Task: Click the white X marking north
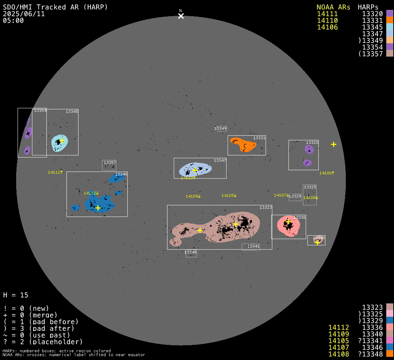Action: [x=181, y=16]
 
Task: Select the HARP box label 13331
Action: [x=259, y=138]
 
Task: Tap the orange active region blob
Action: [x=243, y=144]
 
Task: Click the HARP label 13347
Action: [x=220, y=160]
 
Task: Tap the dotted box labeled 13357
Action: [x=109, y=165]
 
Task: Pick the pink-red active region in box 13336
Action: [x=288, y=226]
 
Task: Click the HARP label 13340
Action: [x=319, y=238]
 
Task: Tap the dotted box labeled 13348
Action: [x=191, y=253]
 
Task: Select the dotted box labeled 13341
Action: [x=250, y=247]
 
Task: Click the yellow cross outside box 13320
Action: [x=333, y=144]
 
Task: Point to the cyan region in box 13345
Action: [x=59, y=143]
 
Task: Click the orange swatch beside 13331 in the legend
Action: [x=390, y=20]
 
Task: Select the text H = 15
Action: [x=15, y=295]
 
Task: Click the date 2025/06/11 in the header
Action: [x=24, y=14]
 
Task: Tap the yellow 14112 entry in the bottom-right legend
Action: [x=339, y=327]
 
